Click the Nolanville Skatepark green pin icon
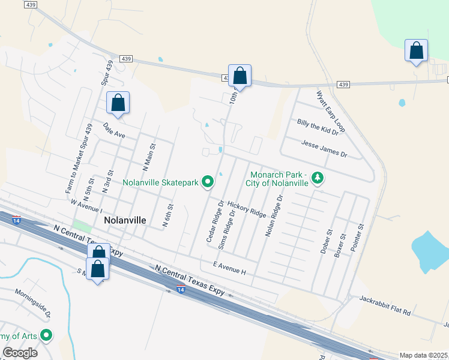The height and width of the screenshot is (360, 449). coord(208,181)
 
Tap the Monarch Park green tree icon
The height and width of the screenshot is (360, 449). coord(318,178)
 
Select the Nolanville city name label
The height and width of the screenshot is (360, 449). coord(125,220)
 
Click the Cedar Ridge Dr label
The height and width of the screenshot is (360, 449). coord(214,221)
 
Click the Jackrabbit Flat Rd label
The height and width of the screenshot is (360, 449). coord(385,304)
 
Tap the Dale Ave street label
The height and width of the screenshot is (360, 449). coord(114,131)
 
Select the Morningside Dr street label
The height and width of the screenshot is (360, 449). coord(34,305)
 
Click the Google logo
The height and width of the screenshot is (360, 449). coord(20,352)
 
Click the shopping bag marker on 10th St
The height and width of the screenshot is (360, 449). coord(240,76)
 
